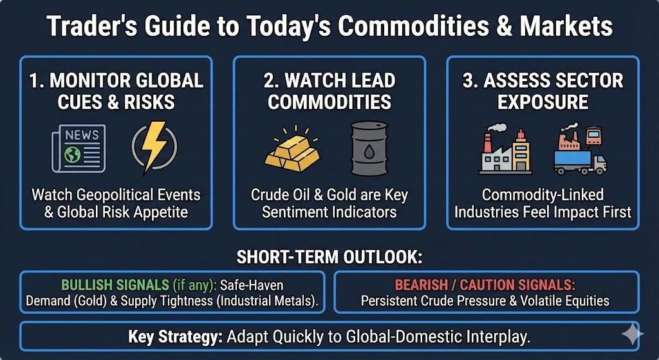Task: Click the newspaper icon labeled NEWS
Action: point(77,149)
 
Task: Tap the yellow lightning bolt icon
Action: point(154,147)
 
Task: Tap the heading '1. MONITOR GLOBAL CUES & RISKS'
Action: point(116,91)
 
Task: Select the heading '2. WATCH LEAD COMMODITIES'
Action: point(329,91)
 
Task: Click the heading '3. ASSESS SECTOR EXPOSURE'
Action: point(543,91)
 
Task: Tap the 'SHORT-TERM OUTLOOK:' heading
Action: point(329,258)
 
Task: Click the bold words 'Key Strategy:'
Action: point(168,337)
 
